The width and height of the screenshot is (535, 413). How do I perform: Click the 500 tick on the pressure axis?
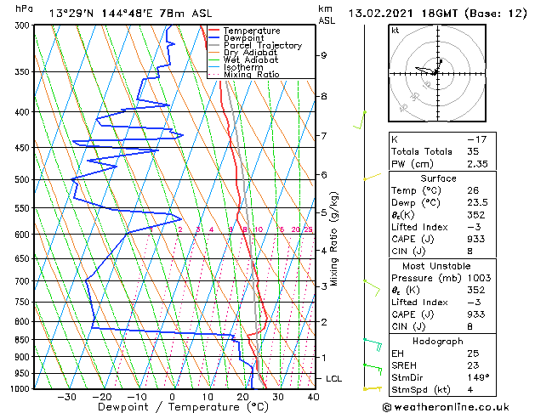[x=22, y=179]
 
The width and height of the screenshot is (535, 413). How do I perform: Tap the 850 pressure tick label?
[x=22, y=339]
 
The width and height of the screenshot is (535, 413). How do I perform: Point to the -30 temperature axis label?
[x=66, y=396]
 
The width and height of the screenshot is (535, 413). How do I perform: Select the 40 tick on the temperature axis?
[x=313, y=396]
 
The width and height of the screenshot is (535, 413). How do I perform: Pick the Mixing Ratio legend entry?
[x=251, y=74]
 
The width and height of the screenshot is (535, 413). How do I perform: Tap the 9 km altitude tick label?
[x=324, y=55]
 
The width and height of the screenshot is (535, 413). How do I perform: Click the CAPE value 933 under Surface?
[x=477, y=238]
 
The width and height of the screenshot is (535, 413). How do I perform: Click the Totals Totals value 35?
[x=473, y=151]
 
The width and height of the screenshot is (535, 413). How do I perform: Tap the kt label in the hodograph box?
[x=395, y=30]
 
